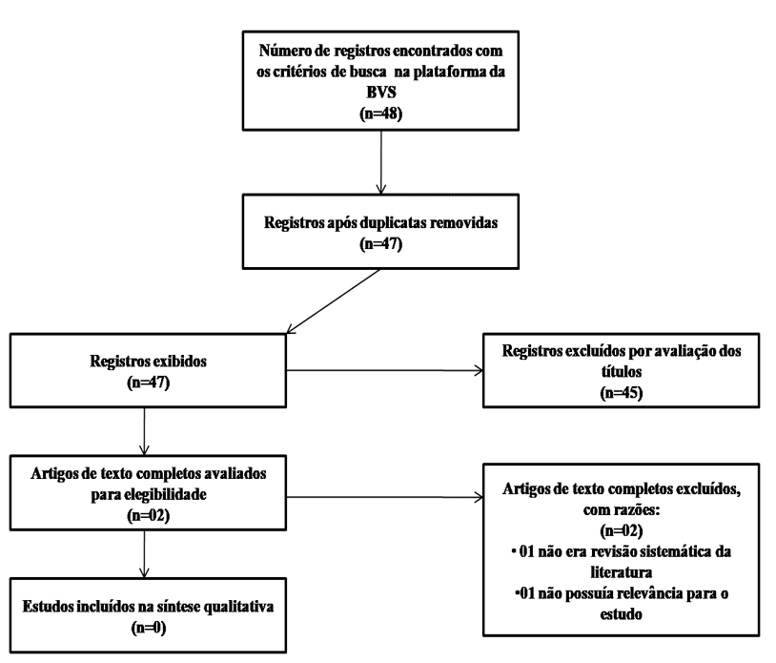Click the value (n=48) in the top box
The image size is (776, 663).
click(380, 114)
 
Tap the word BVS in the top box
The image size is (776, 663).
click(381, 93)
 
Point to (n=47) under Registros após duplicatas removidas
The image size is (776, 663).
click(380, 244)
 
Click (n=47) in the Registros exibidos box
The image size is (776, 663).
click(149, 383)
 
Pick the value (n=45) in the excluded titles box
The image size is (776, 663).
click(622, 393)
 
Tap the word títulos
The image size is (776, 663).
click(622, 372)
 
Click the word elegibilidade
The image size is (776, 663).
click(165, 495)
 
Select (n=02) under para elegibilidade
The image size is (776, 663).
click(149, 516)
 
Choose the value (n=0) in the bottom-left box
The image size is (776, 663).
click(149, 629)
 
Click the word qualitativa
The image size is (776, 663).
click(237, 607)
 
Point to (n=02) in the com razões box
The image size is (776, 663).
click(622, 531)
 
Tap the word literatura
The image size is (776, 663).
click(622, 573)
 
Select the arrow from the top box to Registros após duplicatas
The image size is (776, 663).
click(380, 162)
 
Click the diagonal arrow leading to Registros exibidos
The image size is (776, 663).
click(333, 301)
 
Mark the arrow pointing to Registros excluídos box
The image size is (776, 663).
click(384, 370)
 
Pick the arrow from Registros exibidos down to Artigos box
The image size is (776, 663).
click(144, 431)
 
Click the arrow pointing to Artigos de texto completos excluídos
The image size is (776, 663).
click(384, 497)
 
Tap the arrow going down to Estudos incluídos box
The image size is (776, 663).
click(144, 554)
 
